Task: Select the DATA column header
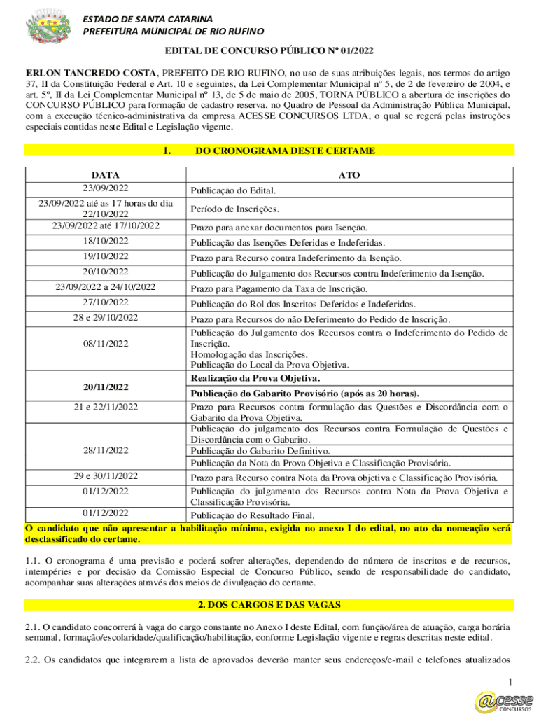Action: [105, 175]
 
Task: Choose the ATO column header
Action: [349, 175]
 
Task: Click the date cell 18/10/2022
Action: [105, 242]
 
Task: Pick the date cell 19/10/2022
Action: [105, 256]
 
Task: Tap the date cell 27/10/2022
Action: [105, 302]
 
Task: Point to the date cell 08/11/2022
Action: [105, 344]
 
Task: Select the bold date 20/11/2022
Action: [105, 387]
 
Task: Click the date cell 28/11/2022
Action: [105, 450]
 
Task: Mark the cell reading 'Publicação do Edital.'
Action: [234, 190]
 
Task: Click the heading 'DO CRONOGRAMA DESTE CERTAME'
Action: [285, 151]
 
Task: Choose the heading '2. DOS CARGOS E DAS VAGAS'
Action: [269, 604]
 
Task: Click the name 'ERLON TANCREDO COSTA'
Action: [91, 73]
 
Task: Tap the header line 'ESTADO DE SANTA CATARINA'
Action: [148, 18]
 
